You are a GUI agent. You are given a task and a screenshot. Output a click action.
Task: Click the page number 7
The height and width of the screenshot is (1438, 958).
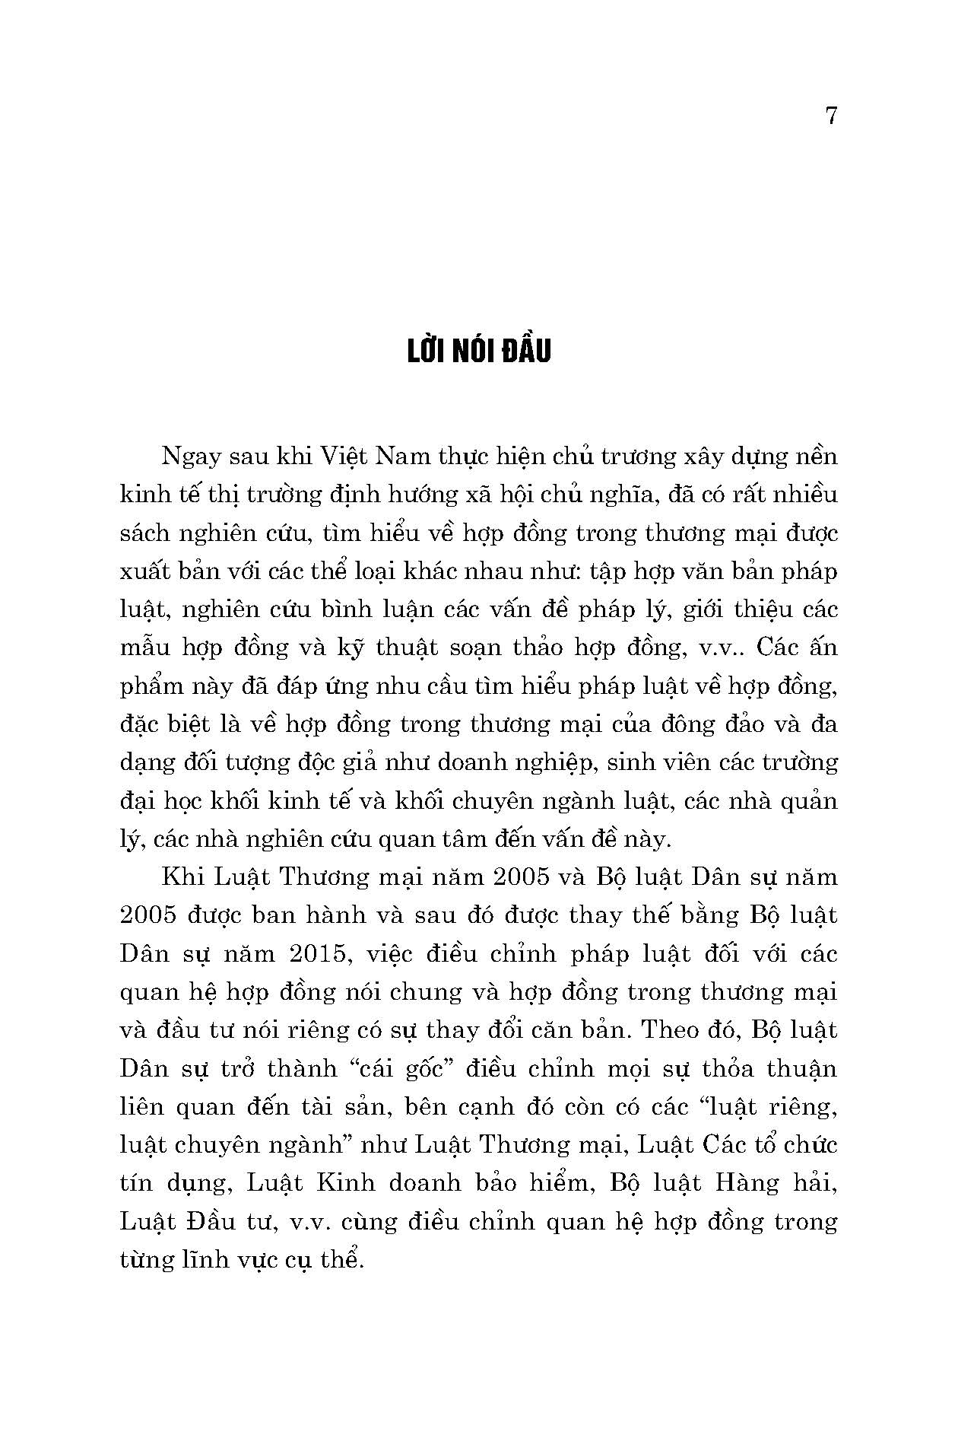830,116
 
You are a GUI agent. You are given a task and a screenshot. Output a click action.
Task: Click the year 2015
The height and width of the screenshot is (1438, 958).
321,954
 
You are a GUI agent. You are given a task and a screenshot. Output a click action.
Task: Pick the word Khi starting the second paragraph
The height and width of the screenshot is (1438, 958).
181,877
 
